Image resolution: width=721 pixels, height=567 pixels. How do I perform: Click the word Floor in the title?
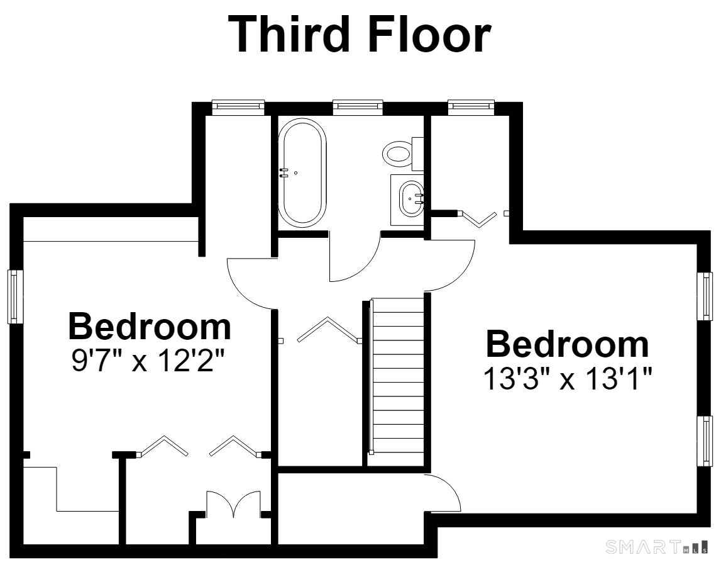(429, 34)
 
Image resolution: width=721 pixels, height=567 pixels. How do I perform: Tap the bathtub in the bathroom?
(303, 172)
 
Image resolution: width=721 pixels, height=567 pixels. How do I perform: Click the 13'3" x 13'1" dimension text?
(568, 379)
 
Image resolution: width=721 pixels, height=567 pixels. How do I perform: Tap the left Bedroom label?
(150, 327)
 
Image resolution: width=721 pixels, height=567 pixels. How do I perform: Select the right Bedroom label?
(568, 344)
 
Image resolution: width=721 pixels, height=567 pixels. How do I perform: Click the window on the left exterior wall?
(15, 296)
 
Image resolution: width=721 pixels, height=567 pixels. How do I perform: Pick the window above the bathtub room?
(358, 106)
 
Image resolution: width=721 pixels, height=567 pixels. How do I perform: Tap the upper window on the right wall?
(705, 296)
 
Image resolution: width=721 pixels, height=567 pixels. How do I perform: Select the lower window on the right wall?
(705, 441)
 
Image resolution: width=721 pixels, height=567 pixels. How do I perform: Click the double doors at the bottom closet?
(234, 503)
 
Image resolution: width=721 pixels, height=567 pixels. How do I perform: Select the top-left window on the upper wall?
(238, 106)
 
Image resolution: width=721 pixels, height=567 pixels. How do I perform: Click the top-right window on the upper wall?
(471, 106)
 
